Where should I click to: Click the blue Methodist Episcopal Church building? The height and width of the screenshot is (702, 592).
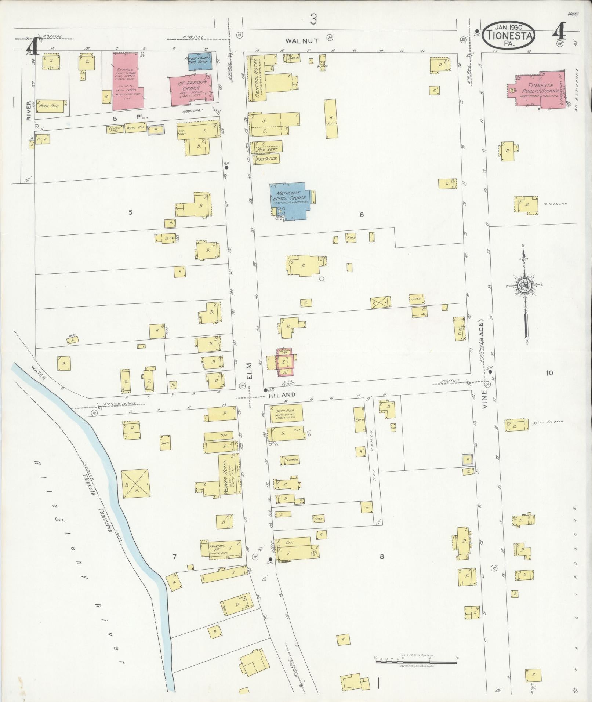pyautogui.click(x=290, y=200)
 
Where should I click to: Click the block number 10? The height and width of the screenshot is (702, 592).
pyautogui.click(x=549, y=373)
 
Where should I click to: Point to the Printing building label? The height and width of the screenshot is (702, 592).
pyautogui.click(x=217, y=546)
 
